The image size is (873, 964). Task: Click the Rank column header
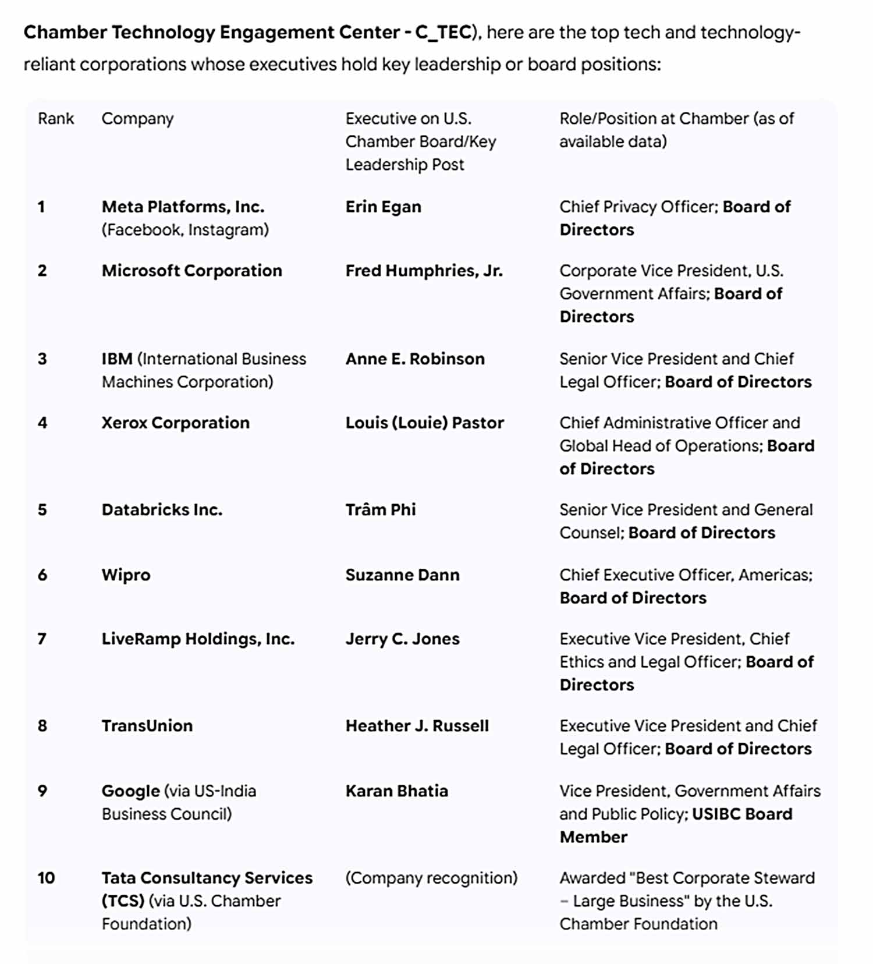click(x=56, y=119)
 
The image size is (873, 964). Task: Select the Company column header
click(x=137, y=119)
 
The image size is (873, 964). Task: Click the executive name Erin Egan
click(x=383, y=207)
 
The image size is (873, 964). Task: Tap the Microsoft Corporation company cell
click(x=191, y=271)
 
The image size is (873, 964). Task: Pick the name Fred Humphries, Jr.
click(x=424, y=271)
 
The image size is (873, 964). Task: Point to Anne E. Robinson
click(x=414, y=359)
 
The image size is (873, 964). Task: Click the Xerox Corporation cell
click(x=175, y=423)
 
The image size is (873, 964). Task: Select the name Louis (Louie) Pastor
click(x=424, y=423)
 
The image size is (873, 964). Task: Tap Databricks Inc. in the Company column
click(x=162, y=510)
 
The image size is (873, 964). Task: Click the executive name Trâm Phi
click(x=380, y=510)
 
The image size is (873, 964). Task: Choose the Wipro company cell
click(x=126, y=575)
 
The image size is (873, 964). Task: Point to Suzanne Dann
click(x=402, y=575)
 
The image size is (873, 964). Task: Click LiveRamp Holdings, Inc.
click(x=198, y=639)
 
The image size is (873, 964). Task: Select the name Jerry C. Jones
click(x=402, y=639)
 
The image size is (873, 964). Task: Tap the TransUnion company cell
click(x=147, y=726)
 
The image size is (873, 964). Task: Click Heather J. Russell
click(x=417, y=726)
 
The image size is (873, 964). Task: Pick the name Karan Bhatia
click(x=396, y=791)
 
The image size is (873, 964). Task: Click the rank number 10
click(x=46, y=878)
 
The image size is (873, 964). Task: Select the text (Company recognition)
click(x=431, y=878)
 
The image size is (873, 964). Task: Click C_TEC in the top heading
click(x=442, y=32)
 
